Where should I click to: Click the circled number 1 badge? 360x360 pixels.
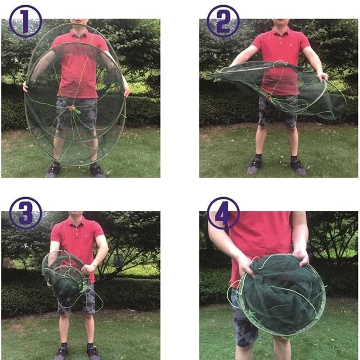pyautogui.click(x=25, y=21)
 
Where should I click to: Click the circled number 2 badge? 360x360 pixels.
pyautogui.click(x=223, y=21)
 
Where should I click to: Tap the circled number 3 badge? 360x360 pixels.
pyautogui.click(x=25, y=213)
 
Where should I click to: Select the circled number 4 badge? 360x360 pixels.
pyautogui.click(x=223, y=213)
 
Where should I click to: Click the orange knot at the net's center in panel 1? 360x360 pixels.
pyautogui.click(x=72, y=107)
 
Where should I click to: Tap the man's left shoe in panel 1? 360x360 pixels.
pyautogui.click(x=53, y=170)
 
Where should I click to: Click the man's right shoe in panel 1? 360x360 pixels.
pyautogui.click(x=97, y=170)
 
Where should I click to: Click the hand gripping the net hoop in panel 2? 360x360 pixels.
pyautogui.click(x=323, y=76)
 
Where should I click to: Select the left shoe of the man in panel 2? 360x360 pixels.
pyautogui.click(x=254, y=165)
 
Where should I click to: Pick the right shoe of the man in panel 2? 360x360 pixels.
pyautogui.click(x=298, y=166)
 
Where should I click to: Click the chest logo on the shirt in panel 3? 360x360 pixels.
pyautogui.click(x=86, y=235)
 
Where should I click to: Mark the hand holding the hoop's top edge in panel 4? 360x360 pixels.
pyautogui.click(x=301, y=257)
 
